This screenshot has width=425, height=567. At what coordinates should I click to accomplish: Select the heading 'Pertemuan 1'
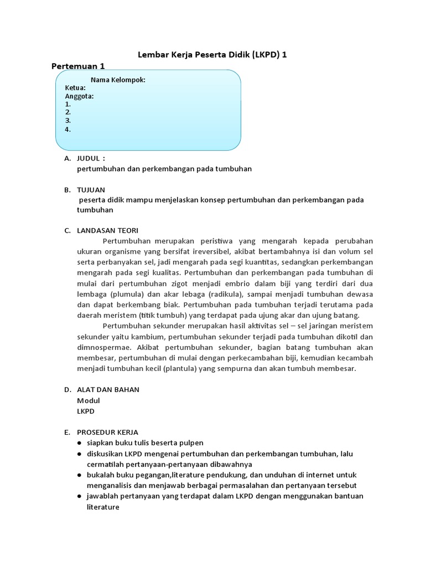[x=78, y=66]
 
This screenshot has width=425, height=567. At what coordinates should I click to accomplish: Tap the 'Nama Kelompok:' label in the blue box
[x=118, y=80]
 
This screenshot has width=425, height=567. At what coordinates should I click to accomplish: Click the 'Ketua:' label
[x=75, y=87]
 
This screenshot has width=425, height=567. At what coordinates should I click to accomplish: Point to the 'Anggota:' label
[x=79, y=96]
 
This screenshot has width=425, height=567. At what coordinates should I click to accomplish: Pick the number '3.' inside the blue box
[x=68, y=120]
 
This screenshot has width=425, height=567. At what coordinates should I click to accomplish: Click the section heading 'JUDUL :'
[x=91, y=158]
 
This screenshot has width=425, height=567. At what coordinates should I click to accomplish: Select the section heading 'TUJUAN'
[x=91, y=189]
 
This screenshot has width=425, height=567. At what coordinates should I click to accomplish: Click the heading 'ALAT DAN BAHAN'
[x=108, y=389]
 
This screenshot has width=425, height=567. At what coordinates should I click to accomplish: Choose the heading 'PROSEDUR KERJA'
[x=107, y=432]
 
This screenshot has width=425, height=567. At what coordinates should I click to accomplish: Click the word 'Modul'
[x=89, y=400]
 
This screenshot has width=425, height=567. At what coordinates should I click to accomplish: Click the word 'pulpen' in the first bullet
[x=191, y=442]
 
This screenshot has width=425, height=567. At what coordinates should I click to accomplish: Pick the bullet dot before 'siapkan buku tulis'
[x=80, y=443]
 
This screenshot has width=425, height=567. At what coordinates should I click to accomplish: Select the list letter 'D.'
[x=68, y=389]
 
